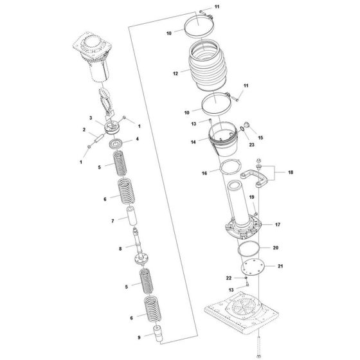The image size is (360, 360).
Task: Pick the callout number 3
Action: [91, 118]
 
